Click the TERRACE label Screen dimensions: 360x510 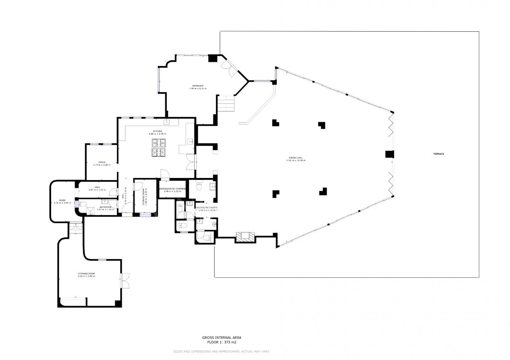[438, 154]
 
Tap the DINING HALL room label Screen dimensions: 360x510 [295, 158]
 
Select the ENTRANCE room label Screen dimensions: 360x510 [198, 86]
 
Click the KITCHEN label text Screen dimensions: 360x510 [157, 131]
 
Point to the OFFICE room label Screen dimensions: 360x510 [102, 162]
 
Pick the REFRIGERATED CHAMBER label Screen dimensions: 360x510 [172, 189]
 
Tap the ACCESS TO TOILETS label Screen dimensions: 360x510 [207, 207]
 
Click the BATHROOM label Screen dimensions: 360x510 [105, 207]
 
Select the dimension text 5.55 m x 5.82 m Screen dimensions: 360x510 [86, 276]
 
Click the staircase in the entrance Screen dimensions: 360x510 [226, 104]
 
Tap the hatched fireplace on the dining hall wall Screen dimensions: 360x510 [244, 237]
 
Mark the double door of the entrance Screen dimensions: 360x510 [229, 68]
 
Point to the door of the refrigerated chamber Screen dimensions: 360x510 [165, 175]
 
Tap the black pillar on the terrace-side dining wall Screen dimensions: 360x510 [389, 154]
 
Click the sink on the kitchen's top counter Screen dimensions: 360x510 [167, 121]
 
